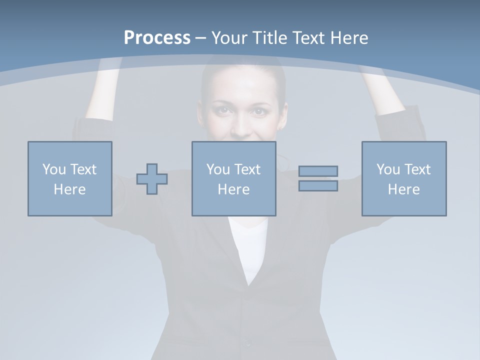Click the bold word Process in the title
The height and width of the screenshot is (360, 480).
(x=157, y=38)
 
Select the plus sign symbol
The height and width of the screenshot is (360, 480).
(x=152, y=178)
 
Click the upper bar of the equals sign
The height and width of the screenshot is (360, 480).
(x=318, y=171)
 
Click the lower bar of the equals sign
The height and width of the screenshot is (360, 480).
(x=318, y=186)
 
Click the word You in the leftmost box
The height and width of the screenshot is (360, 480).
(x=54, y=169)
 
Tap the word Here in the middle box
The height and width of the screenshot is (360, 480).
(x=234, y=189)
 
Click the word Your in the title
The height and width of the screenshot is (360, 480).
(x=230, y=38)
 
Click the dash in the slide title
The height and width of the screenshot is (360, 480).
(x=201, y=38)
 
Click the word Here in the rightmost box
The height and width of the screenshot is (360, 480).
(x=404, y=189)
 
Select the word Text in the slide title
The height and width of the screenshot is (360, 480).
(x=309, y=38)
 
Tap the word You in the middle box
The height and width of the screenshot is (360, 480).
(x=218, y=169)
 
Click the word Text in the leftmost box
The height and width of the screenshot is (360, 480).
(x=83, y=169)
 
